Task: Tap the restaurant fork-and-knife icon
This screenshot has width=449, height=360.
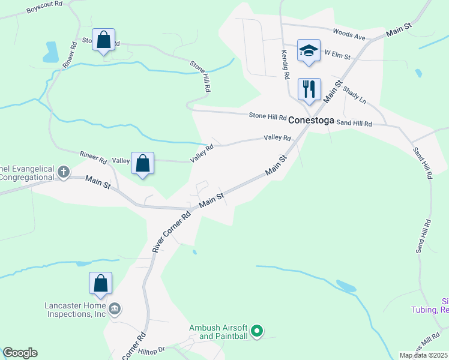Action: pyautogui.click(x=309, y=89)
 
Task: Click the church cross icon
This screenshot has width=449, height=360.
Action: pyautogui.click(x=64, y=172)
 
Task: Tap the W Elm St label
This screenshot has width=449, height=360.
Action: pyautogui.click(x=337, y=54)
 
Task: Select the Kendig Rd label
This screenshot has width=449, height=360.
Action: pyautogui.click(x=286, y=64)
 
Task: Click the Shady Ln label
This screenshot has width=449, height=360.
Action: pyautogui.click(x=354, y=94)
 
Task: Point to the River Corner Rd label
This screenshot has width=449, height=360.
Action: pyautogui.click(x=171, y=232)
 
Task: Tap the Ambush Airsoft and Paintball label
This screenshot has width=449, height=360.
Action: pyautogui.click(x=218, y=332)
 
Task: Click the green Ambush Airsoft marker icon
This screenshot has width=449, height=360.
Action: pyautogui.click(x=257, y=331)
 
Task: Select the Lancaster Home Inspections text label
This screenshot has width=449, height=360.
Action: pyautogui.click(x=75, y=309)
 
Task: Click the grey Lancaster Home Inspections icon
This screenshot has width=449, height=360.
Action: pyautogui.click(x=115, y=310)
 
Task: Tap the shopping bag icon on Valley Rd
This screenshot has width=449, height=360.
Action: pyautogui.click(x=143, y=163)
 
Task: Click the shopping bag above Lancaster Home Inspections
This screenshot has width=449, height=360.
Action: pyautogui.click(x=100, y=283)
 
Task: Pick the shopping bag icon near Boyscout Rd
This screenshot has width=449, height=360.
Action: pyautogui.click(x=103, y=40)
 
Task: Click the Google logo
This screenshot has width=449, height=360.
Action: pyautogui.click(x=20, y=353)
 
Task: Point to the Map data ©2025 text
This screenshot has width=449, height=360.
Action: pyautogui.click(x=424, y=355)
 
